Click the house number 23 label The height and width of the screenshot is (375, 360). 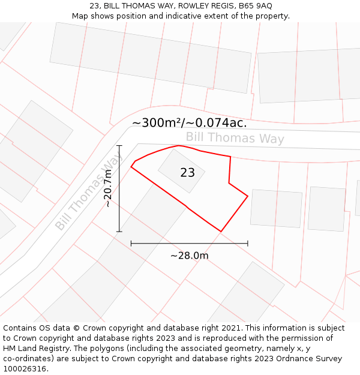187,173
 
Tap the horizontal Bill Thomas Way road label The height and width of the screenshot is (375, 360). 235,138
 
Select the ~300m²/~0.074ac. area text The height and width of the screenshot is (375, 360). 189,123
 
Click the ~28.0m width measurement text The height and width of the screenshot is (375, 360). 189,256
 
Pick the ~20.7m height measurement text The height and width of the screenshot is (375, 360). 108,188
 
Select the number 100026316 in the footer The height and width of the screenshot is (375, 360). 25,369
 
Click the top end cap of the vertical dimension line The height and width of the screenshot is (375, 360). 119,146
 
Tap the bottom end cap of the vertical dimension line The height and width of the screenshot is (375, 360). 119,231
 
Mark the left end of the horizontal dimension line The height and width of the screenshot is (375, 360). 131,244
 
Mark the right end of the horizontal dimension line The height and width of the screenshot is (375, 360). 247,244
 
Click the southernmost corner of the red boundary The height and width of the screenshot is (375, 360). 221,231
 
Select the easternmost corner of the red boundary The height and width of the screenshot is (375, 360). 248,196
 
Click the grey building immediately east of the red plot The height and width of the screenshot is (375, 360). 276,208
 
